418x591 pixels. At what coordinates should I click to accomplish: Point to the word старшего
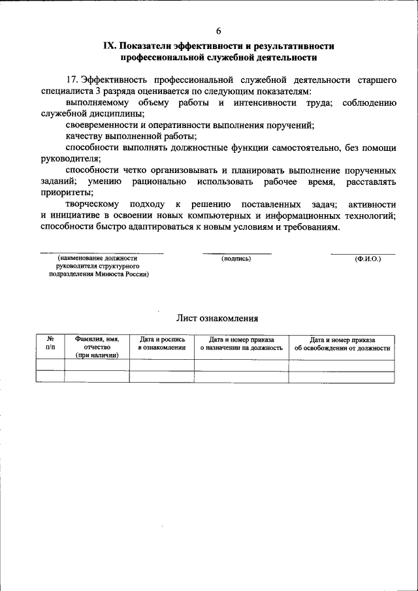[377, 80]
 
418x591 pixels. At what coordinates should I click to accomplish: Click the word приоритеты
[66, 193]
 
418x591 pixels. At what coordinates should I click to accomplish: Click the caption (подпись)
[236, 259]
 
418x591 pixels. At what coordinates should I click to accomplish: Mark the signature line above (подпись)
[236, 253]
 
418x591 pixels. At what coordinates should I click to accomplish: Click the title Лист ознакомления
[217, 319]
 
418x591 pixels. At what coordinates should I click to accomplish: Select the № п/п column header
[50, 343]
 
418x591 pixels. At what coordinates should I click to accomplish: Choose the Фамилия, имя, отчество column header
[97, 347]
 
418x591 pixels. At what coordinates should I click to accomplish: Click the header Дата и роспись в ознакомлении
[162, 343]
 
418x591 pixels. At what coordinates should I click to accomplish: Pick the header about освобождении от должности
[342, 343]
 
